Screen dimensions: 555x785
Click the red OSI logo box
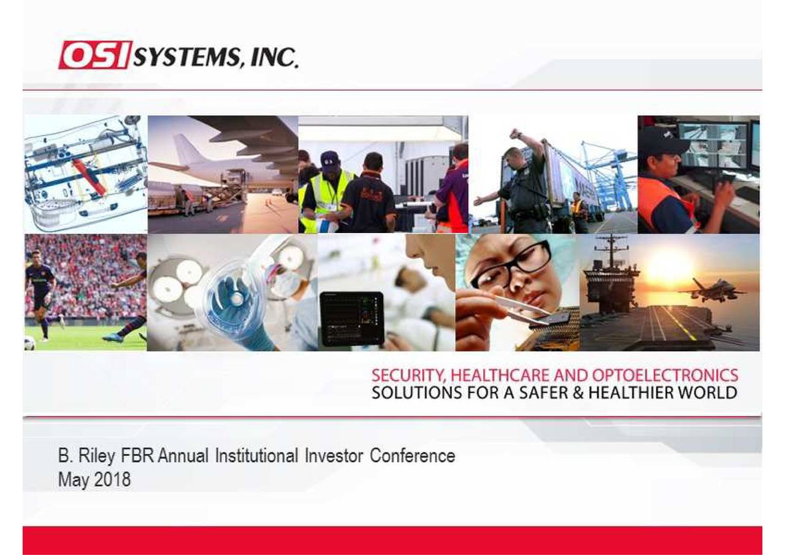click(x=95, y=55)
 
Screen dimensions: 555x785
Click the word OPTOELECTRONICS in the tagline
click(x=665, y=375)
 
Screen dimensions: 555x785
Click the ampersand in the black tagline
click(x=576, y=392)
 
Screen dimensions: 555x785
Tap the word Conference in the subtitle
click(x=412, y=456)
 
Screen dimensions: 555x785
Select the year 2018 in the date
click(x=112, y=479)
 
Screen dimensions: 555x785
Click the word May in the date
click(x=73, y=479)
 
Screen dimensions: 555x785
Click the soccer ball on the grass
click(x=29, y=343)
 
